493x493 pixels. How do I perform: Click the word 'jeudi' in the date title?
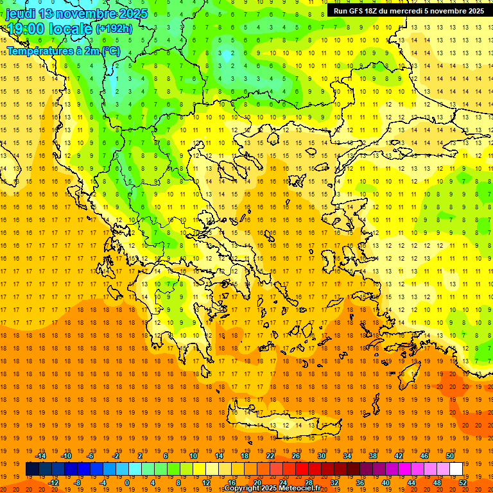pos(21,13)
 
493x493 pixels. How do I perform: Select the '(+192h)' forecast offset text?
pos(114,29)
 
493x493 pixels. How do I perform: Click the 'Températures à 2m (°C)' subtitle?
pos(63,50)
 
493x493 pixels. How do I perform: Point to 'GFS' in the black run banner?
pos(361,11)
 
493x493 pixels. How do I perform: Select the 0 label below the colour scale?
pos(126,482)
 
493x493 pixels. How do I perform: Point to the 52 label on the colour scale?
pos(463,482)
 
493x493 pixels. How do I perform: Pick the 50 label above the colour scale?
pos(450,456)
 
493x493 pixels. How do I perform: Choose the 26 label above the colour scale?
pos(296,456)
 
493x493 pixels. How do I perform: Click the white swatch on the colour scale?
pos(456,469)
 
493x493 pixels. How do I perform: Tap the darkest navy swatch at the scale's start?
pos(32,469)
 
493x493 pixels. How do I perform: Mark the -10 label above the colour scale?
pos(65,456)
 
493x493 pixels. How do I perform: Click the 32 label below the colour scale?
pos(334,482)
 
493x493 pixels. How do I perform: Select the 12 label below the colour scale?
pos(206,482)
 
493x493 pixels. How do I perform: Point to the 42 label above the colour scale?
pos(399,456)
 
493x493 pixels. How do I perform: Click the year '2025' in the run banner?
pos(474,11)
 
